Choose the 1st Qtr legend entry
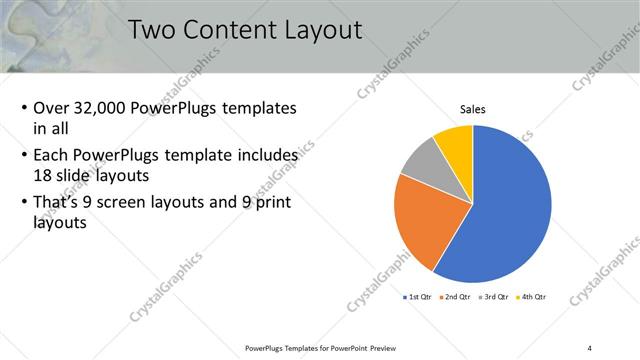417,297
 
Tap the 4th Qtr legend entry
533,297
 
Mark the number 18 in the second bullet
43,174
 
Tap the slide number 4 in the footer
590,348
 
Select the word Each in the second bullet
51,156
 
